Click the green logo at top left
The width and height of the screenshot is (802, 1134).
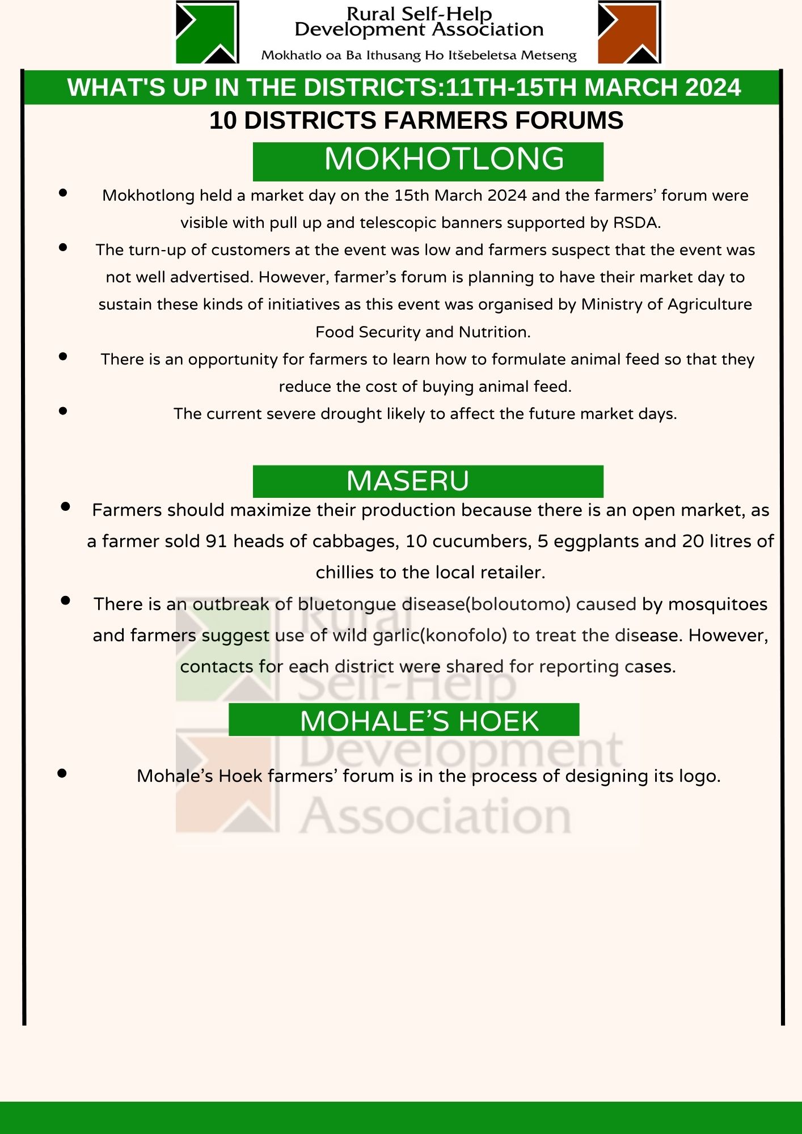[207, 32]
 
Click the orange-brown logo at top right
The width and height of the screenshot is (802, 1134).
[629, 32]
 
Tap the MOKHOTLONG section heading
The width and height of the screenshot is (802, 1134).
[444, 159]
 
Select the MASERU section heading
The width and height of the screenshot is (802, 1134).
[408, 481]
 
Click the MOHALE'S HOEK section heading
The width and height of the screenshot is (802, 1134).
[419, 721]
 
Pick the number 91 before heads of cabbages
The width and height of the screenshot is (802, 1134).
[216, 541]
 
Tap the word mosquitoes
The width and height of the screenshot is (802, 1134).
[717, 604]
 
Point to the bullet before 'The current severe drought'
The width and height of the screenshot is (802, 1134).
[63, 411]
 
